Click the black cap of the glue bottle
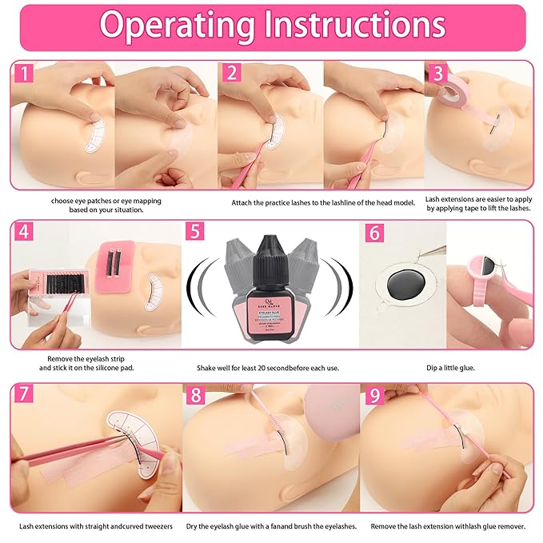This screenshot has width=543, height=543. pyautogui.click(x=270, y=249)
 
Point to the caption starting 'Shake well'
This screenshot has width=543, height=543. pyautogui.click(x=271, y=368)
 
